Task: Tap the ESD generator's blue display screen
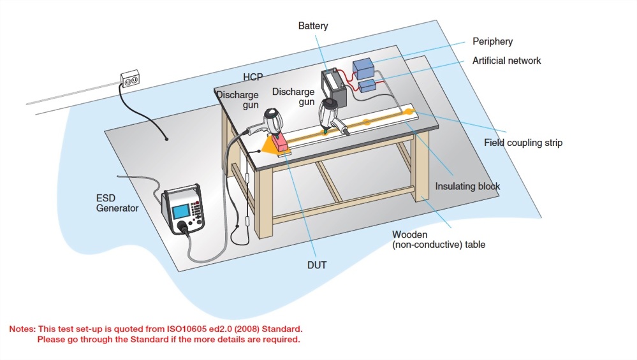[x=180, y=211]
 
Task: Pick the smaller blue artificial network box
[x=367, y=86]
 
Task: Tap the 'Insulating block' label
[x=467, y=187]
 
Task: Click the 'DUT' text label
[x=316, y=264]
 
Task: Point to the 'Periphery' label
[x=492, y=41]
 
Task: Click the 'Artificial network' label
[x=506, y=61]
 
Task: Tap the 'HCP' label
[x=253, y=77]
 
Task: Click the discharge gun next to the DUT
[x=271, y=121]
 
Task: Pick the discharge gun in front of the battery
[x=331, y=115]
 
